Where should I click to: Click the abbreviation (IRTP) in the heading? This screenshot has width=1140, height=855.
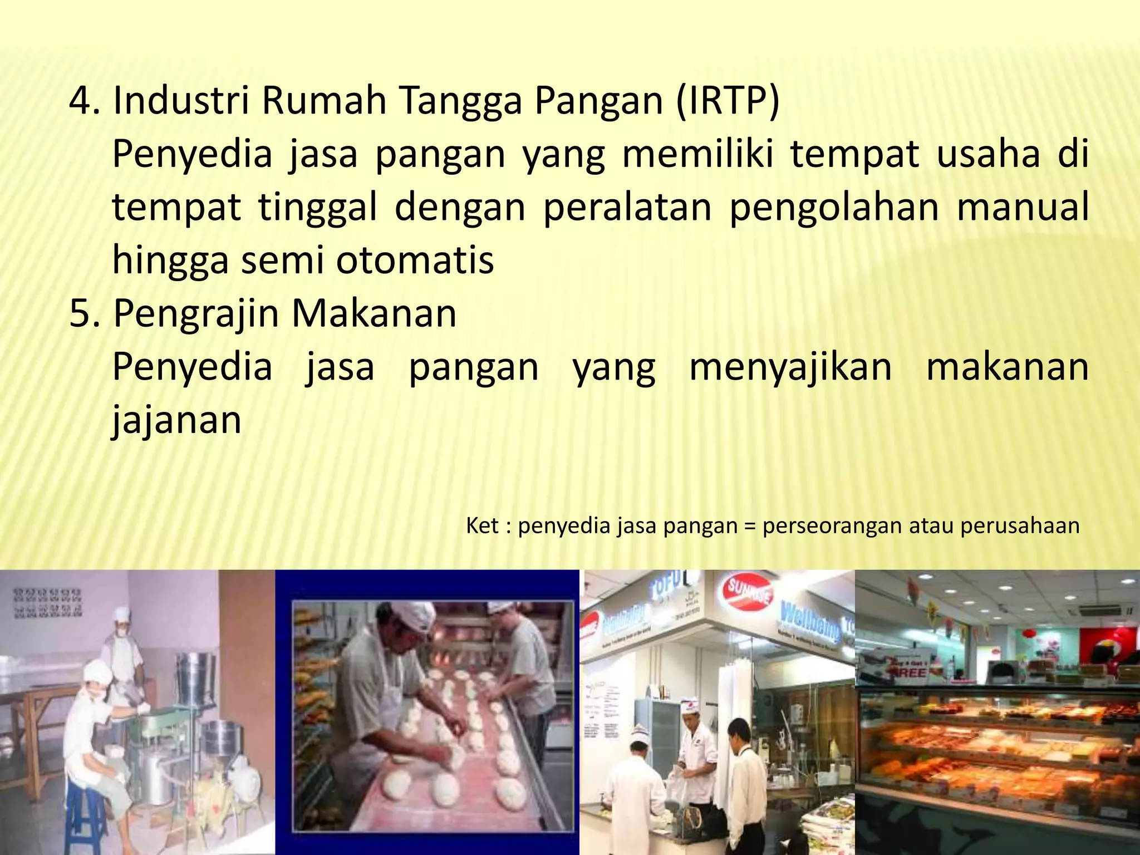click(727, 101)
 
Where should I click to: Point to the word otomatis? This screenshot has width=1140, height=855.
click(415, 261)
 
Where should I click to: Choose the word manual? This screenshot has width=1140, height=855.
click(1022, 207)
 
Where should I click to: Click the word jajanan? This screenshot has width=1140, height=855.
click(177, 421)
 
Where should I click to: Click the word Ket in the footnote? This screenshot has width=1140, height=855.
click(482, 525)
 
